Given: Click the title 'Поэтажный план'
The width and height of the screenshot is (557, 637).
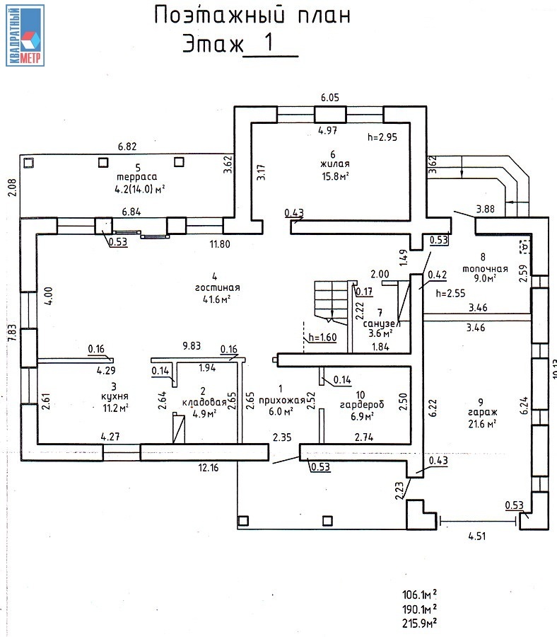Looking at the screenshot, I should point(252,16).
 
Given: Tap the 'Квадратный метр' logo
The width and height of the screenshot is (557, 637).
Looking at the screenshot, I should point(25,35).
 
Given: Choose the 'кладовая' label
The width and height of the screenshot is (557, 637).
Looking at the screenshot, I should point(204,402).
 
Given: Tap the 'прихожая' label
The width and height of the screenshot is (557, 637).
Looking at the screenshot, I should point(282,399).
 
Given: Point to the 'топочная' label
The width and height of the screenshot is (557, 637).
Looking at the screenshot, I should point(485,269).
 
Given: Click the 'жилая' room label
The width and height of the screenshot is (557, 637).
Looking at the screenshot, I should point(334,163).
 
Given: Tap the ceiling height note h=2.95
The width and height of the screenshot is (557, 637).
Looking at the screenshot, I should point(383,137).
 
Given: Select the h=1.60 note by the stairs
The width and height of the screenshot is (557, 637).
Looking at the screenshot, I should point(323,338).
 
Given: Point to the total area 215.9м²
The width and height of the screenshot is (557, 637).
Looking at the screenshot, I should point(419,623).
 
